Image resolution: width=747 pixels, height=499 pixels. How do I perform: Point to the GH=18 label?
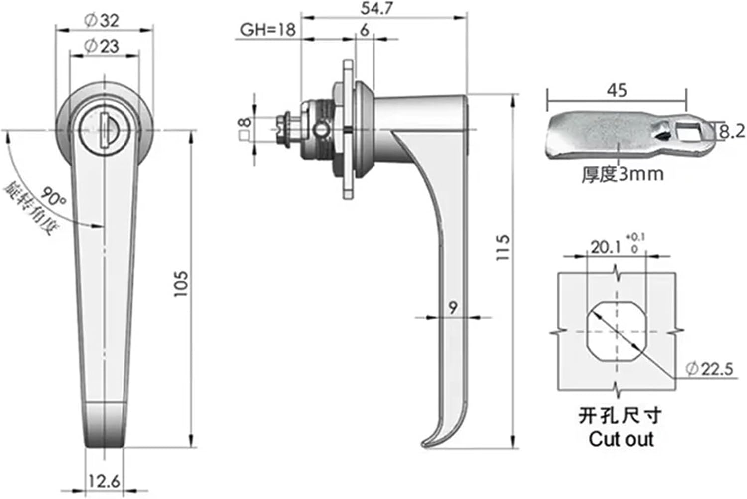click(x=267, y=30)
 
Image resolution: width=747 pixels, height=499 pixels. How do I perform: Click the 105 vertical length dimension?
click(x=181, y=285)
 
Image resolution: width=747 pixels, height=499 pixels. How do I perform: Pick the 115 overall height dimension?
click(x=503, y=247)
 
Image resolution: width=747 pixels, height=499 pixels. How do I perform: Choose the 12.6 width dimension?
click(x=104, y=482)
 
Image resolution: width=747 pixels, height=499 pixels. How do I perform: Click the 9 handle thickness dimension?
click(x=453, y=308)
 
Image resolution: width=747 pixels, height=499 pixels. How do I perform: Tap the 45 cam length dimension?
click(x=617, y=91)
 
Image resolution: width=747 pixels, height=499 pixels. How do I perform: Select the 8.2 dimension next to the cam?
click(x=731, y=131)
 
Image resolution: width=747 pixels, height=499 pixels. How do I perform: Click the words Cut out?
click(x=620, y=439)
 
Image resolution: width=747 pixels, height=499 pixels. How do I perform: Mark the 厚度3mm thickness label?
click(x=622, y=174)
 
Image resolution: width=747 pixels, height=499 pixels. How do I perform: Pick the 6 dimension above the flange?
click(x=365, y=31)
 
